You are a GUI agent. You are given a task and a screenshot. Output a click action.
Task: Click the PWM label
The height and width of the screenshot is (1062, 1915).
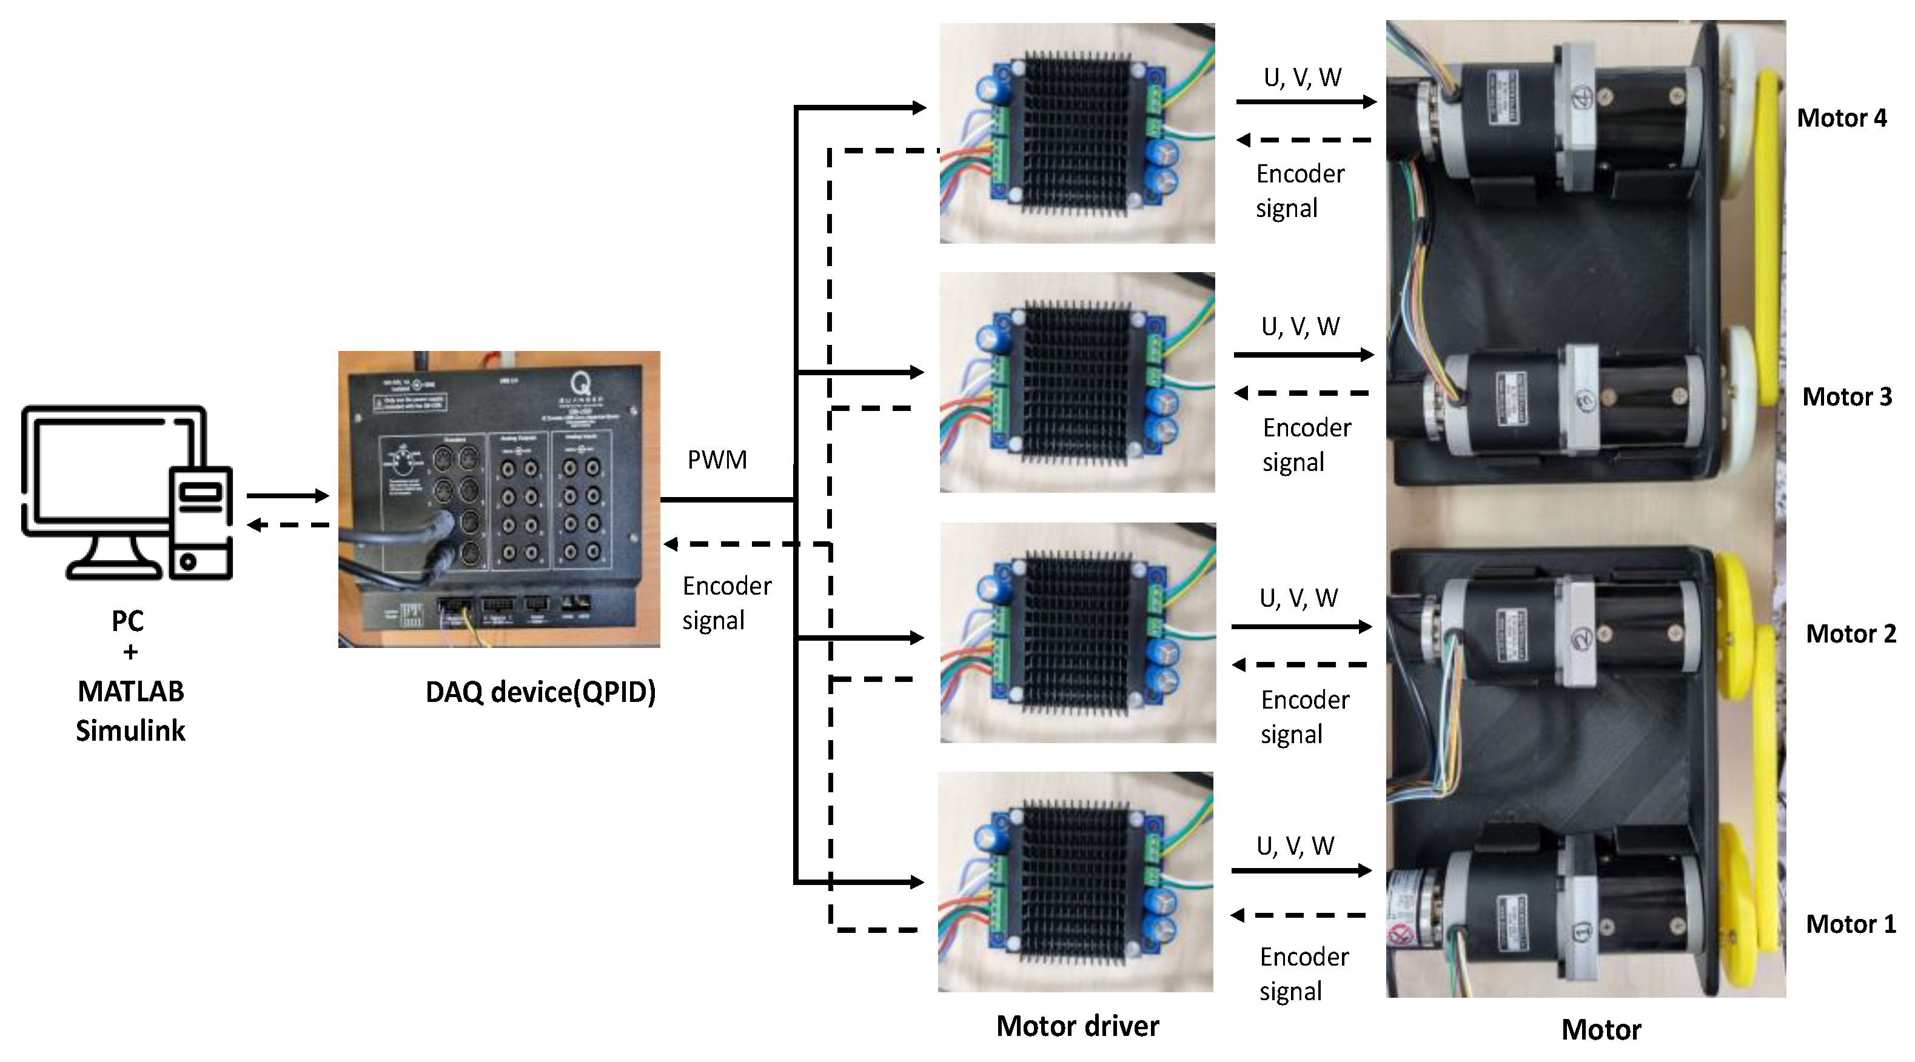tap(717, 460)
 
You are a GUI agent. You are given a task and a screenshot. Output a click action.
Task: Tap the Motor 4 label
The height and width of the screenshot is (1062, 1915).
tap(1842, 118)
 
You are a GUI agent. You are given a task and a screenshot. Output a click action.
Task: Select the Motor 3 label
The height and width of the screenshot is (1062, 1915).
tap(1846, 397)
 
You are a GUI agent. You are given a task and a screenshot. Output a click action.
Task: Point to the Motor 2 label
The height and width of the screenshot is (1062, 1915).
tap(1850, 634)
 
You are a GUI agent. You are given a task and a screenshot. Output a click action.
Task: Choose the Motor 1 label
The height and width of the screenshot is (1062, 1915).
tap(1850, 924)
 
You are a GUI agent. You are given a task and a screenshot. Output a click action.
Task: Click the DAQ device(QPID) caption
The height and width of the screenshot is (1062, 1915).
tap(540, 692)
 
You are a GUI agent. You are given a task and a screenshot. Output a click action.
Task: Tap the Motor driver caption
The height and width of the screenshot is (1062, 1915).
tap(1077, 1026)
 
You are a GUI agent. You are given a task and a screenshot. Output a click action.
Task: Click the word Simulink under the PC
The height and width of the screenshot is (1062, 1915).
tap(130, 730)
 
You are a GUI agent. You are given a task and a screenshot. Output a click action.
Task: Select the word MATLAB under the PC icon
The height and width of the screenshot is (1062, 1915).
tap(130, 691)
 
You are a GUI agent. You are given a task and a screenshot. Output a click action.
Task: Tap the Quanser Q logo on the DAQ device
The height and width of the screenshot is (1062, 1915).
tap(582, 384)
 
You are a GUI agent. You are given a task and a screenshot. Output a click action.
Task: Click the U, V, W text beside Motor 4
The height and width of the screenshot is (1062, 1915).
tap(1303, 78)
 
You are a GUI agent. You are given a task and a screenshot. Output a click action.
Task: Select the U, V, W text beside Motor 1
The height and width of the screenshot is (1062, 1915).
tap(1295, 846)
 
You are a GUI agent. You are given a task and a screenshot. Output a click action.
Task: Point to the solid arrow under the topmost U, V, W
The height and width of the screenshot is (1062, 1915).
tap(1306, 102)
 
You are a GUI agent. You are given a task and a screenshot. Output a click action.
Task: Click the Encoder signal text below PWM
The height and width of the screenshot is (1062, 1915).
tap(726, 603)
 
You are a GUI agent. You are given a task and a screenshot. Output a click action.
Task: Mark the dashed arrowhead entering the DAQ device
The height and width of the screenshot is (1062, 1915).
tap(671, 544)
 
